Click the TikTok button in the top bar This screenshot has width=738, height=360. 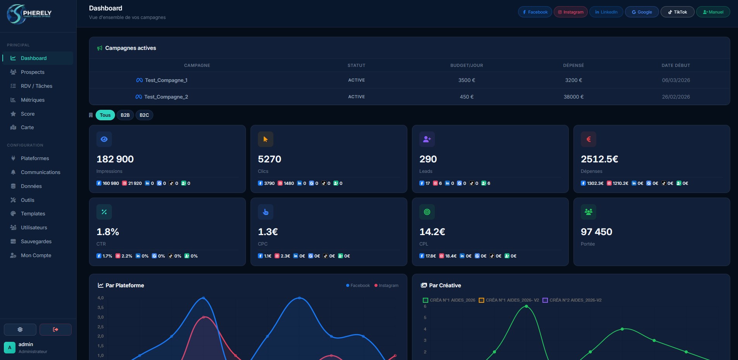677,12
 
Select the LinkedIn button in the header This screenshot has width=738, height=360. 606,12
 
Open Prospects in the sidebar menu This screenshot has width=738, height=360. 33,72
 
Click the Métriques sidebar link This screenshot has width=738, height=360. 33,100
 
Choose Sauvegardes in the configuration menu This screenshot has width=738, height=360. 36,241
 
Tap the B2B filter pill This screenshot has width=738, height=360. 125,115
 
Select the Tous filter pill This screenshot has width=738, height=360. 105,115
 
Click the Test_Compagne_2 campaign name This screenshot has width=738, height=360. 166,97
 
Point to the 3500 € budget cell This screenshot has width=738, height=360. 467,80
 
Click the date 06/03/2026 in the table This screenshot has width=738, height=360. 676,80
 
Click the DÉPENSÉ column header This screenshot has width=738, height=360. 573,65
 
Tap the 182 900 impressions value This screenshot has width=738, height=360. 115,159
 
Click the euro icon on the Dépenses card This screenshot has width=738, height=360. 588,139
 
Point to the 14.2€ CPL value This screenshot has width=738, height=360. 432,232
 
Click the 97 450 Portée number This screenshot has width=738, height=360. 596,232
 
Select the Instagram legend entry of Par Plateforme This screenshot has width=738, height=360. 386,285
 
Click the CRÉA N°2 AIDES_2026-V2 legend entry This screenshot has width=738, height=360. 572,300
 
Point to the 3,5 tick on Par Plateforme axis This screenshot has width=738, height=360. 101,307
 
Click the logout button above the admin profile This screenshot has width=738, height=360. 55,329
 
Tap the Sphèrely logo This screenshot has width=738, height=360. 29,14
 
